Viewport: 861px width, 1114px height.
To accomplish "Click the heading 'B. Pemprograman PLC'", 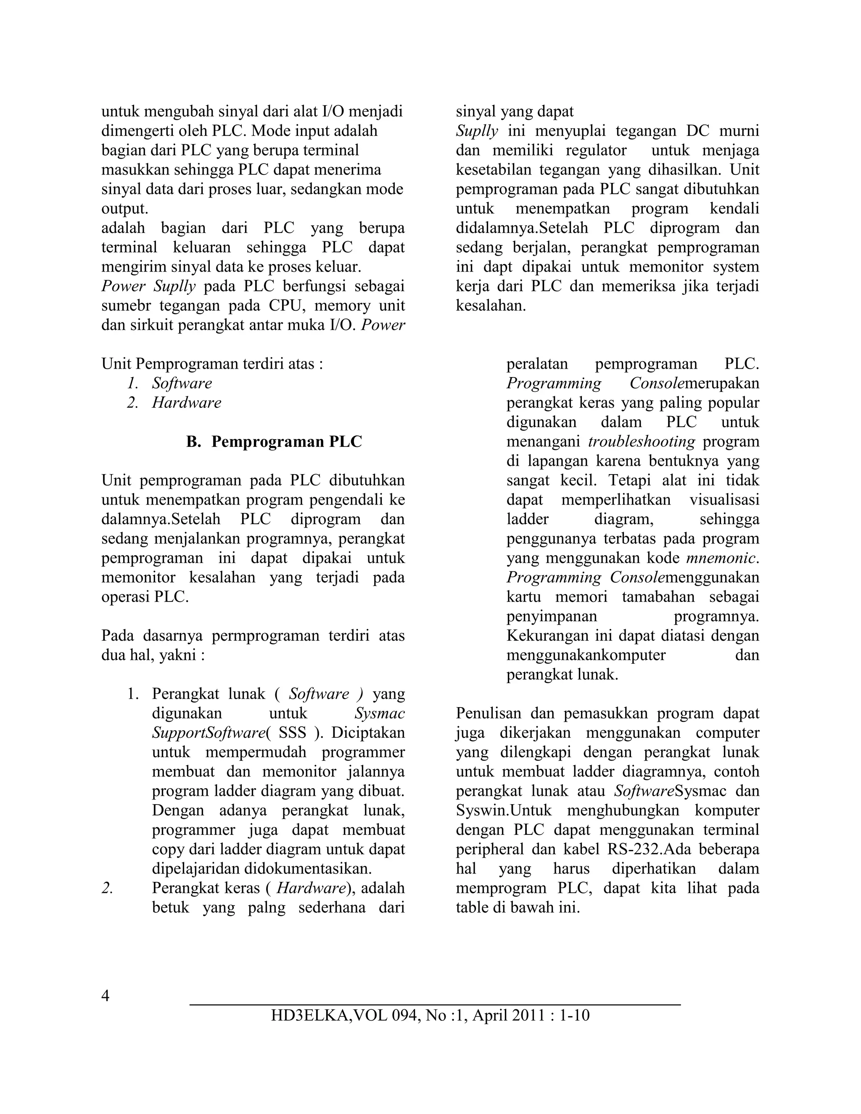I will [x=274, y=441].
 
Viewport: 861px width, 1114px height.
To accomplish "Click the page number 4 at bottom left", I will [x=106, y=995].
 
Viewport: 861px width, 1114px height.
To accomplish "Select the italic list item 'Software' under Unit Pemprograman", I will [x=182, y=383].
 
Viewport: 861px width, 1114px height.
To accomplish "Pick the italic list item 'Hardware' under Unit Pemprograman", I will [x=186, y=402].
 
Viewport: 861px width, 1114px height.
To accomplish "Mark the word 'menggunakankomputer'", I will [x=586, y=655].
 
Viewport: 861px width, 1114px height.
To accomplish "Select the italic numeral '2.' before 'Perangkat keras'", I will [x=107, y=888].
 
